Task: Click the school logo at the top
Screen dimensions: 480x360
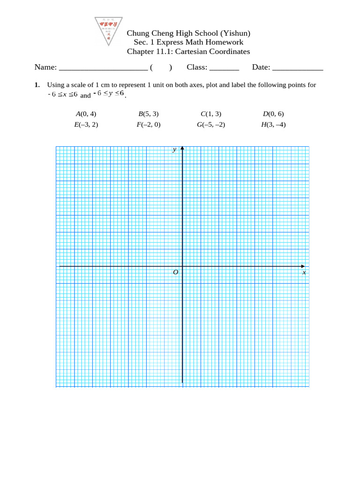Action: [108, 31]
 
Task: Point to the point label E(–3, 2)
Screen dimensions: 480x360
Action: [86, 125]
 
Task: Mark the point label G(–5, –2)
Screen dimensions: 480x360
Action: [211, 125]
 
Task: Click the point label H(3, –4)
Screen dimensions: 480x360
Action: [274, 125]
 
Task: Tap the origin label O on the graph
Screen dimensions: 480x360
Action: [175, 272]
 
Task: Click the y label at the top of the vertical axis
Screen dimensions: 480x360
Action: [174, 150]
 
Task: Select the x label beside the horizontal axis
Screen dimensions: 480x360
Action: [304, 272]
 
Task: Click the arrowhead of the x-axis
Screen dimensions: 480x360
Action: [303, 266]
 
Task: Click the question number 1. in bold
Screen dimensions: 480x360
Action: [37, 85]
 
